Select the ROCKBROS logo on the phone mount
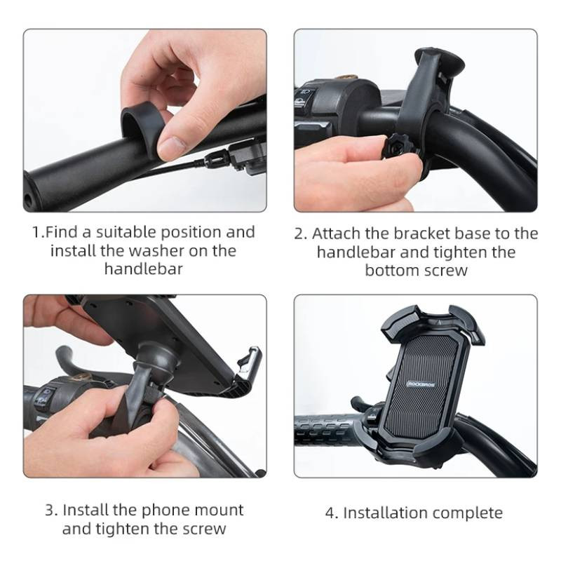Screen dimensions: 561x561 [x=421, y=384]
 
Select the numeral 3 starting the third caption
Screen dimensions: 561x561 [x=50, y=511]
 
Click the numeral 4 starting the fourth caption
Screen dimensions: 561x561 [x=330, y=513]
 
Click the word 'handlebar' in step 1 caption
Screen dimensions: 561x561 [x=144, y=269]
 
